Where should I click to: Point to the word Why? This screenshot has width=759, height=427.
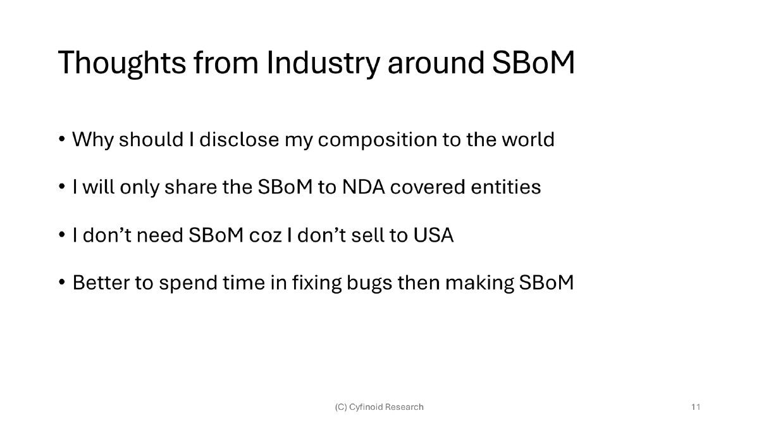pos(92,139)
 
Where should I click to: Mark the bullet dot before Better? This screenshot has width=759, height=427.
pos(62,283)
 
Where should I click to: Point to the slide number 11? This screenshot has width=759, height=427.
pos(696,407)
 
